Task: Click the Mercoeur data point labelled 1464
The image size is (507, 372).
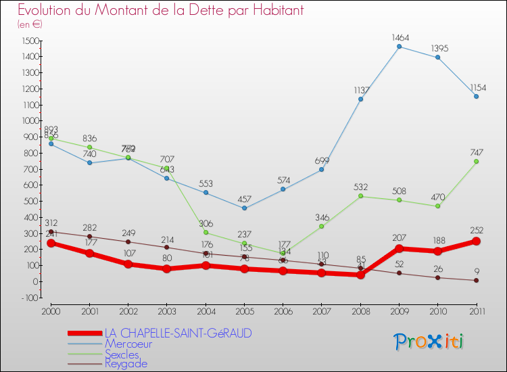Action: click(x=400, y=47)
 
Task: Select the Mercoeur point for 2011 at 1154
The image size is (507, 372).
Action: click(x=477, y=96)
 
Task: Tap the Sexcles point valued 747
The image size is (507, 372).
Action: click(x=477, y=162)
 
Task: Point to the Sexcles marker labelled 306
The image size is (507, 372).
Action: click(x=206, y=233)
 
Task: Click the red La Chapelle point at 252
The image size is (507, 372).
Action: click(x=477, y=241)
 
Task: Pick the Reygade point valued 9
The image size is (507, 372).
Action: click(x=477, y=280)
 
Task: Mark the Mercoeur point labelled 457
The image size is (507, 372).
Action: click(x=244, y=208)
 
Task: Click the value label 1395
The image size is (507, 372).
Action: click(x=439, y=49)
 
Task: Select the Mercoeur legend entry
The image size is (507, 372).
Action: click(x=128, y=344)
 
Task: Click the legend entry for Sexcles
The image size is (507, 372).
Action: click(x=123, y=354)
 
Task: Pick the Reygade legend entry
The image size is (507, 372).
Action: click(x=126, y=364)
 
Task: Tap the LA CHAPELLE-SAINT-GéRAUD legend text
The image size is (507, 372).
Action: click(x=178, y=333)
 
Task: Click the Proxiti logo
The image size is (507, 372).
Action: click(x=429, y=342)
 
